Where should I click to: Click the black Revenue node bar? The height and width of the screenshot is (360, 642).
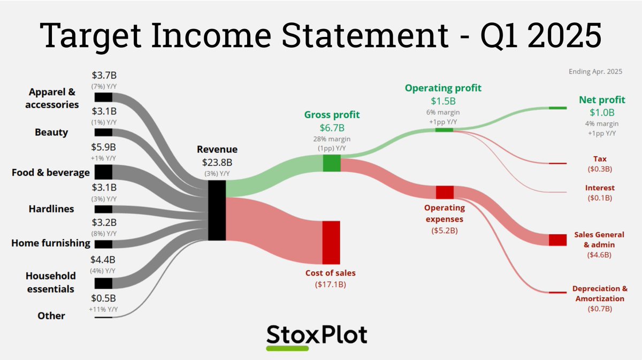pyautogui.click(x=217, y=210)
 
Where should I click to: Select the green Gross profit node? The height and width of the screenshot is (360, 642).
pyautogui.click(x=331, y=163)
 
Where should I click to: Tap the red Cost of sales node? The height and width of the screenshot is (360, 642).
pyautogui.click(x=331, y=242)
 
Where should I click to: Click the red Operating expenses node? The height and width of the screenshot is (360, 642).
pyautogui.click(x=445, y=192)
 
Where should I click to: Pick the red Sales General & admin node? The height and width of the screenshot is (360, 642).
pyautogui.click(x=557, y=240)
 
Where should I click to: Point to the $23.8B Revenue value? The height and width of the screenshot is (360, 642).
pyautogui.click(x=217, y=162)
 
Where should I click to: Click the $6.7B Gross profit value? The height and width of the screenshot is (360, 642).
pyautogui.click(x=332, y=128)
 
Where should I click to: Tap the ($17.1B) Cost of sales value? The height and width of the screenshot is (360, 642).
pyautogui.click(x=331, y=285)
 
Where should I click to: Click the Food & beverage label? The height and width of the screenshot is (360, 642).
pyautogui.click(x=51, y=172)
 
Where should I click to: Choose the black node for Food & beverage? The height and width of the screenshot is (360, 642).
pyautogui.click(x=103, y=172)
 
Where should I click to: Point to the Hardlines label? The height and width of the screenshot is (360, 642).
pyautogui.click(x=51, y=209)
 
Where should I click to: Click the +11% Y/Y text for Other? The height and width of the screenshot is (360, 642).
pyautogui.click(x=104, y=309)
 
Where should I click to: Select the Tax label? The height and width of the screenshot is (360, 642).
pyautogui.click(x=600, y=159)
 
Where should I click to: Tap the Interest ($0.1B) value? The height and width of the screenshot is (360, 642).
pyautogui.click(x=600, y=198)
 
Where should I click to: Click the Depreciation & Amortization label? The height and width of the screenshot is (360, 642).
pyautogui.click(x=600, y=293)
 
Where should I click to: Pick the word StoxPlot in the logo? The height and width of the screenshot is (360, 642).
pyautogui.click(x=317, y=334)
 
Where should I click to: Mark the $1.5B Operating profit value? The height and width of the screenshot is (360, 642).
pyautogui.click(x=443, y=101)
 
